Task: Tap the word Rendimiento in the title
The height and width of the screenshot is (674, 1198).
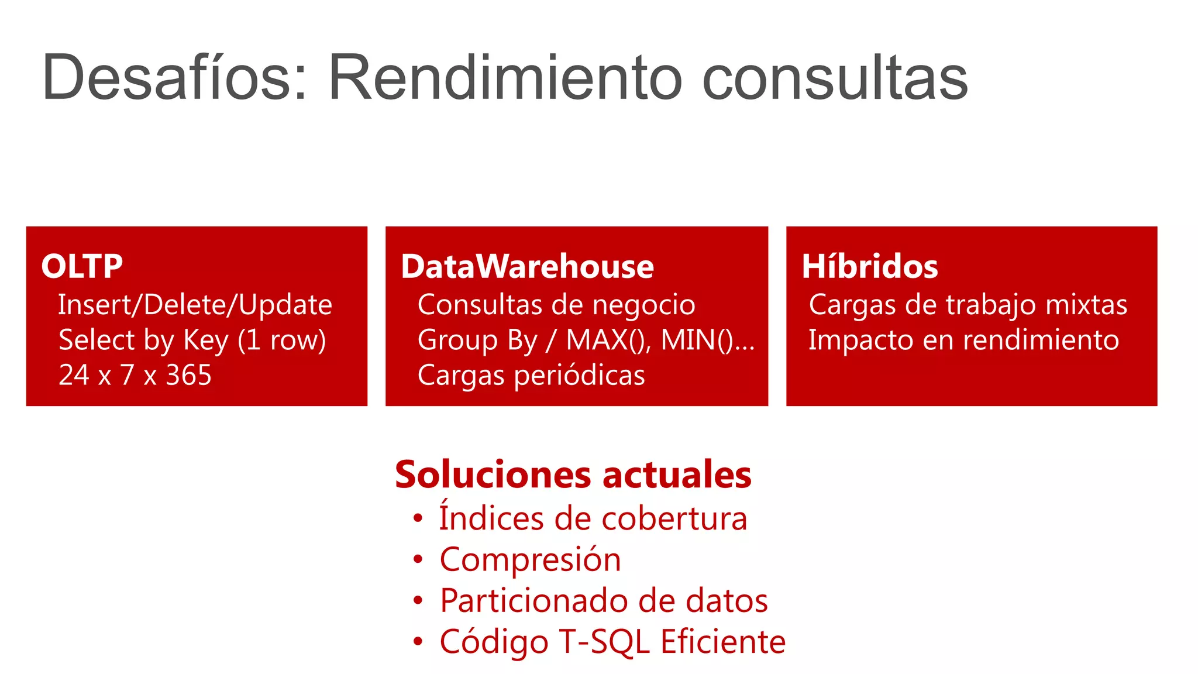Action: pyautogui.click(x=505, y=78)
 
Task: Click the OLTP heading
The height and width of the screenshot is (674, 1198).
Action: pyautogui.click(x=82, y=267)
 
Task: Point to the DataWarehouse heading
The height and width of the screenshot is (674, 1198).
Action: pyautogui.click(x=527, y=267)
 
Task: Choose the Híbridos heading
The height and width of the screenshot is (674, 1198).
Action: pyautogui.click(x=869, y=267)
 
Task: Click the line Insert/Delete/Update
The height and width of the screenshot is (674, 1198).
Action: pyautogui.click(x=195, y=305)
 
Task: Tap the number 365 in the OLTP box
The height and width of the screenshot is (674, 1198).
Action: pyautogui.click(x=188, y=375)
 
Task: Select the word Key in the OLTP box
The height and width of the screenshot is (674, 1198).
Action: pyautogui.click(x=205, y=341)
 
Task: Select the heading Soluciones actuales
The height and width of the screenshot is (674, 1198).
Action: pyautogui.click(x=573, y=474)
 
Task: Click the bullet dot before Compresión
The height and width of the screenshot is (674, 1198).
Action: pyautogui.click(x=417, y=560)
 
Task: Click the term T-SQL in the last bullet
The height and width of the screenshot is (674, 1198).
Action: pyautogui.click(x=604, y=642)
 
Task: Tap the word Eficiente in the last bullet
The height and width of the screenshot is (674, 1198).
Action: pyautogui.click(x=723, y=642)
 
